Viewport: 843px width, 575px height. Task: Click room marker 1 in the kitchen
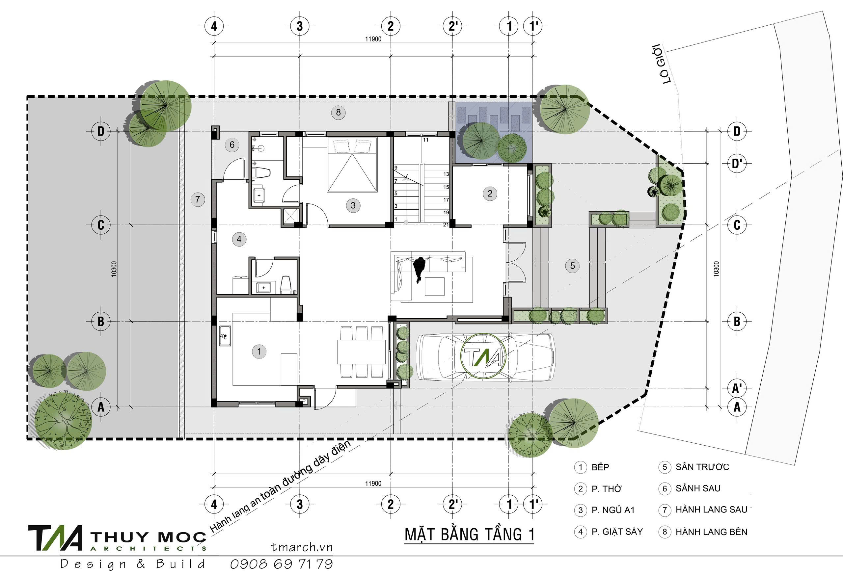point(259,351)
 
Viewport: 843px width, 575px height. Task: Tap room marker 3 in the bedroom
point(353,206)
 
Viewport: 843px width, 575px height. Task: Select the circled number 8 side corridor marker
point(338,112)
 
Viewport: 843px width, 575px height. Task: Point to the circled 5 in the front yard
point(572,266)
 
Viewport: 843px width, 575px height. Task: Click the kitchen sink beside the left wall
point(225,336)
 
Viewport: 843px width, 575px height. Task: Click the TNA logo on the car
point(484,356)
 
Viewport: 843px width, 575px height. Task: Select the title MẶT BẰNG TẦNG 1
point(469,535)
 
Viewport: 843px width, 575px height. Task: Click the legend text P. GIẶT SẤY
point(617,532)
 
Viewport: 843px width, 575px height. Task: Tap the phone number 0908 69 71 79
point(282,564)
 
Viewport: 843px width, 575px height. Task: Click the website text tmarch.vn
point(301,547)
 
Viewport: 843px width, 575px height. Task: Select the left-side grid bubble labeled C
point(101,225)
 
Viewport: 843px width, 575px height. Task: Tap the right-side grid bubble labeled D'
point(737,164)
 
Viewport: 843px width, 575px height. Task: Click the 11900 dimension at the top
point(373,39)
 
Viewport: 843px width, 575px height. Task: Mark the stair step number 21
point(446,225)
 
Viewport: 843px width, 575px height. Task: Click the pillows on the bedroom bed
point(353,146)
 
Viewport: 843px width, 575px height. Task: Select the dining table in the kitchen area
point(361,351)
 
